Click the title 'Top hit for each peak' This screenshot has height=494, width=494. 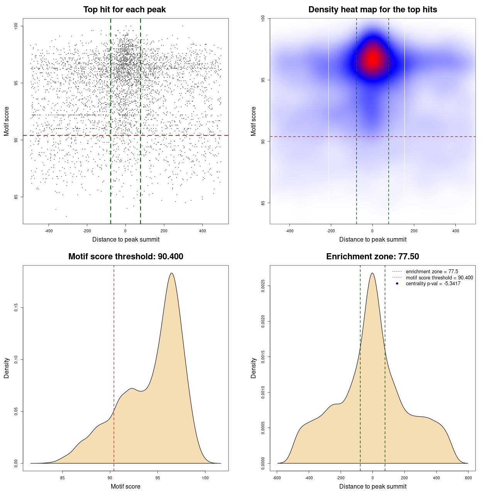click(125, 10)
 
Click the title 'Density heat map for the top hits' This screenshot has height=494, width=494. click(372, 10)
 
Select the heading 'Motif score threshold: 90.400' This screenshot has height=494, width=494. click(125, 257)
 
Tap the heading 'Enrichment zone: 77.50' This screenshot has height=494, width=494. click(372, 257)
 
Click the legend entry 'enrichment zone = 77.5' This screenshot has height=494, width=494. click(432, 272)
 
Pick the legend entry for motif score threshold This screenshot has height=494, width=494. click(439, 277)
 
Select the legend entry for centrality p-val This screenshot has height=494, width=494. click(433, 284)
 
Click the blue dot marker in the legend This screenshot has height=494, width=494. click(397, 284)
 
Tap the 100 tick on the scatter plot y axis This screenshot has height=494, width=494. click(16, 26)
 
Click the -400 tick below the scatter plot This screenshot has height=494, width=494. click(49, 231)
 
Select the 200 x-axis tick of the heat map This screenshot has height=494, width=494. click(414, 231)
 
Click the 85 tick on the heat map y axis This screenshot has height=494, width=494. click(263, 203)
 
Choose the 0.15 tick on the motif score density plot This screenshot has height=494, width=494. click(16, 308)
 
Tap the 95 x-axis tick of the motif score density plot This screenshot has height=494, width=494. click(157, 478)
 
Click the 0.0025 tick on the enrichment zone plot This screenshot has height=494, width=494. click(263, 286)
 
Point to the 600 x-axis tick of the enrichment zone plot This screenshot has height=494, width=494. click(468, 478)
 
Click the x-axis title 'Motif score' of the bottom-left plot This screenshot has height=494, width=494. click(125, 486)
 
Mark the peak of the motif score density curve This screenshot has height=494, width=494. click(172, 273)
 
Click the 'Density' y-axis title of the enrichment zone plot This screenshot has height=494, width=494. click(254, 368)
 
